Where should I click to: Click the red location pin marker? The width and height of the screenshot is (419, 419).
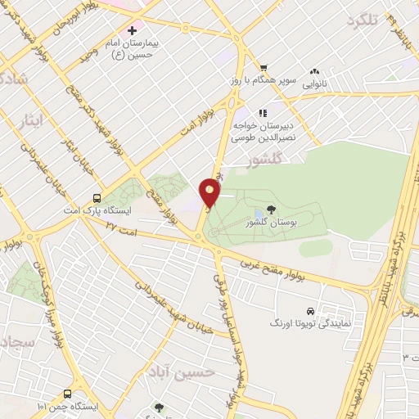point(210,191)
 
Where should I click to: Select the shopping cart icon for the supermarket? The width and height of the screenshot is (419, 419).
point(263,68)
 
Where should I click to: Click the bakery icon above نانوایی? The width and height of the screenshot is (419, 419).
point(316,73)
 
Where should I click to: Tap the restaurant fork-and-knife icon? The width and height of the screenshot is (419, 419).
point(262,113)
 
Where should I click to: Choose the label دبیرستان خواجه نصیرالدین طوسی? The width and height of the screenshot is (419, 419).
point(259,133)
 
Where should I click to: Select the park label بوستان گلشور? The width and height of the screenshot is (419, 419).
point(272,223)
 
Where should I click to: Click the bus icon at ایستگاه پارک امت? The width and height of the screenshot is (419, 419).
point(97,198)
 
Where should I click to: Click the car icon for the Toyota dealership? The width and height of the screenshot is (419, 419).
point(310,311)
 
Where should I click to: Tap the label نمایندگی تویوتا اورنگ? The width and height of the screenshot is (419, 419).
point(310,324)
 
